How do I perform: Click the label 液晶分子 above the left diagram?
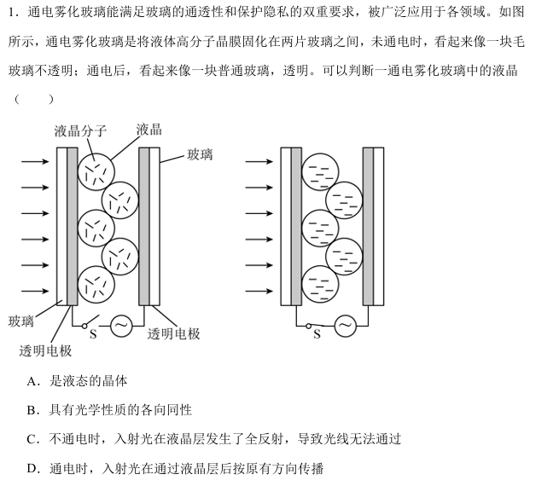pyautogui.click(x=80, y=131)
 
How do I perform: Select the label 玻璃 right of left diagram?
pyautogui.click(x=200, y=154)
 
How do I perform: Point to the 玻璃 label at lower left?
pyautogui.click(x=21, y=321)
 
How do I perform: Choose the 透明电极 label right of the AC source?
pyautogui.click(x=173, y=333)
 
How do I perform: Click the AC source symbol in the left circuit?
pyautogui.click(x=121, y=326)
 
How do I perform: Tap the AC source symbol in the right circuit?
pyautogui.click(x=345, y=326)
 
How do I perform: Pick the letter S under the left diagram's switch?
pyautogui.click(x=93, y=333)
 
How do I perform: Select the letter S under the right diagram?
pyautogui.click(x=317, y=334)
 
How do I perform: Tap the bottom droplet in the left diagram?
pyautogui.click(x=95, y=284)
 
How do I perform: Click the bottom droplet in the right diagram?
pyautogui.click(x=322, y=284)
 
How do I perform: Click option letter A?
pyautogui.click(x=32, y=381)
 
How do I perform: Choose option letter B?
pyautogui.click(x=32, y=410)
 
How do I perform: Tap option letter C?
pyautogui.click(x=32, y=439)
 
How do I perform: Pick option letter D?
pyautogui.click(x=32, y=468)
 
